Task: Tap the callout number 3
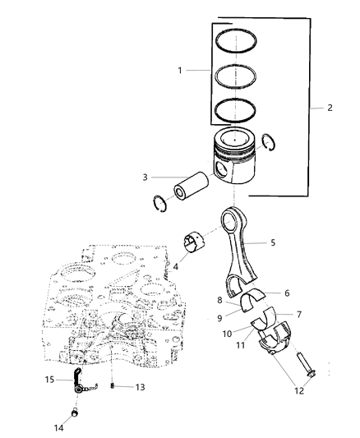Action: (145, 177)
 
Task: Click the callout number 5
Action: (272, 242)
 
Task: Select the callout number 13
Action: (141, 386)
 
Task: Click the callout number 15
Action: (49, 380)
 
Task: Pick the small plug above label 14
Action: (76, 411)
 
